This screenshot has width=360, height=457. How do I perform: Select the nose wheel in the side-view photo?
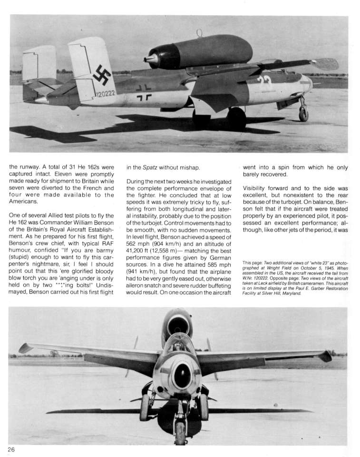click(x=303, y=115)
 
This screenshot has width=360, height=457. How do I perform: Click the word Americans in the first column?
click(x=25, y=201)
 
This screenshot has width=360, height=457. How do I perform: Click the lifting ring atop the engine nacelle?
click(x=199, y=33)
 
